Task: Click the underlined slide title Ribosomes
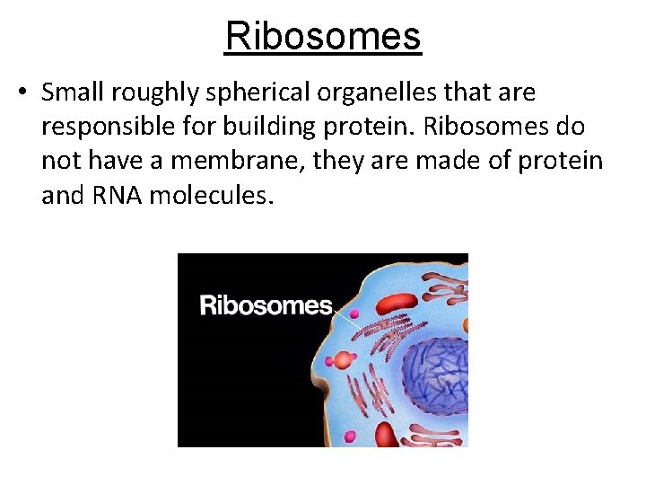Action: tap(323, 37)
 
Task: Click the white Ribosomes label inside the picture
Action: tap(266, 305)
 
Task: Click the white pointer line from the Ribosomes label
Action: tap(343, 314)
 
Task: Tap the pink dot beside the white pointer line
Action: tap(354, 315)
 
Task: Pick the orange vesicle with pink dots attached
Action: tap(342, 361)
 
